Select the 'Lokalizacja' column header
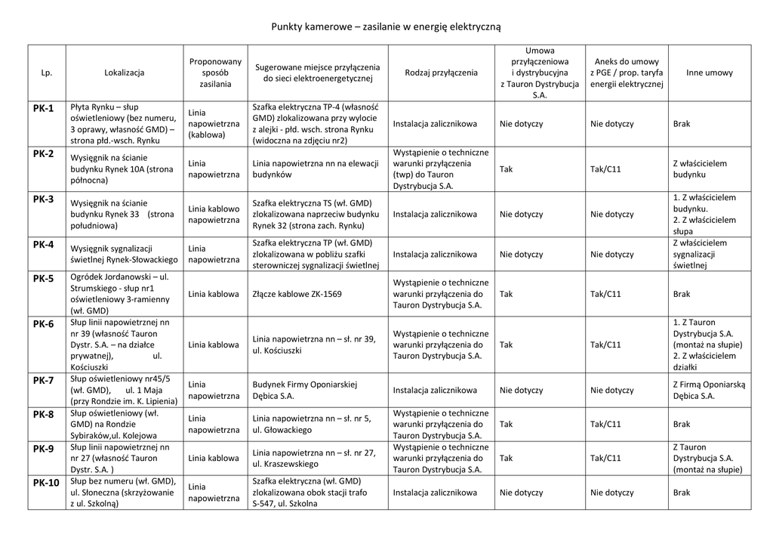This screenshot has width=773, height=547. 124,73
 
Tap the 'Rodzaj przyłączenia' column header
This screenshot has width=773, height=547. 441,73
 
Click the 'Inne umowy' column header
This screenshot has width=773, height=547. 709,73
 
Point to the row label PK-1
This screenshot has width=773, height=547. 44,109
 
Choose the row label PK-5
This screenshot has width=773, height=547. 44,279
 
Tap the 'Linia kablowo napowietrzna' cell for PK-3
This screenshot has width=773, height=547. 214,215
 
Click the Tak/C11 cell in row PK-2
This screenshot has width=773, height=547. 605,169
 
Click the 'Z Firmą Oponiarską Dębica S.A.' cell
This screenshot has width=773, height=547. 708,391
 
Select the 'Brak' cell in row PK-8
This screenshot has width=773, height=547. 681,425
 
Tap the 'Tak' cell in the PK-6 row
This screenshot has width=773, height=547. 506,345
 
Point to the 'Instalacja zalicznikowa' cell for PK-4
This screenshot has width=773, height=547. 435,255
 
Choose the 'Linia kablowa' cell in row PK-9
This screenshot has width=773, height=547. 214,458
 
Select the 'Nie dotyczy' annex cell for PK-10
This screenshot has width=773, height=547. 611,493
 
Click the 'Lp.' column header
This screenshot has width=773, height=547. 46,73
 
